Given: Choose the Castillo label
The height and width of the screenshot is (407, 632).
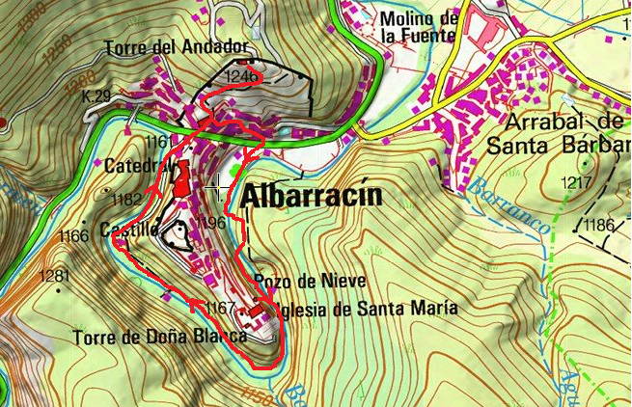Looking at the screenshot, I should [128, 230].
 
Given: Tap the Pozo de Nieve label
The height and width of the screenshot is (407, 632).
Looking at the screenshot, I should [296, 281].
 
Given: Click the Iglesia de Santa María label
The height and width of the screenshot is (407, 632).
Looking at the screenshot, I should [365, 309].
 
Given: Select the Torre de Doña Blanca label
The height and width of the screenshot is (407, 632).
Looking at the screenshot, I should [159, 338].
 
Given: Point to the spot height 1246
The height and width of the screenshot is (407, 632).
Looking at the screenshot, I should [241, 74].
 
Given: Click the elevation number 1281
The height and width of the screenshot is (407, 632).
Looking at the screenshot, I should [55, 277].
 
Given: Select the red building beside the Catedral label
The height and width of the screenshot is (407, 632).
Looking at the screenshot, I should [180, 179].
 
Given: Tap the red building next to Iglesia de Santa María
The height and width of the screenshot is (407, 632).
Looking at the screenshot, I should [256, 312].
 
